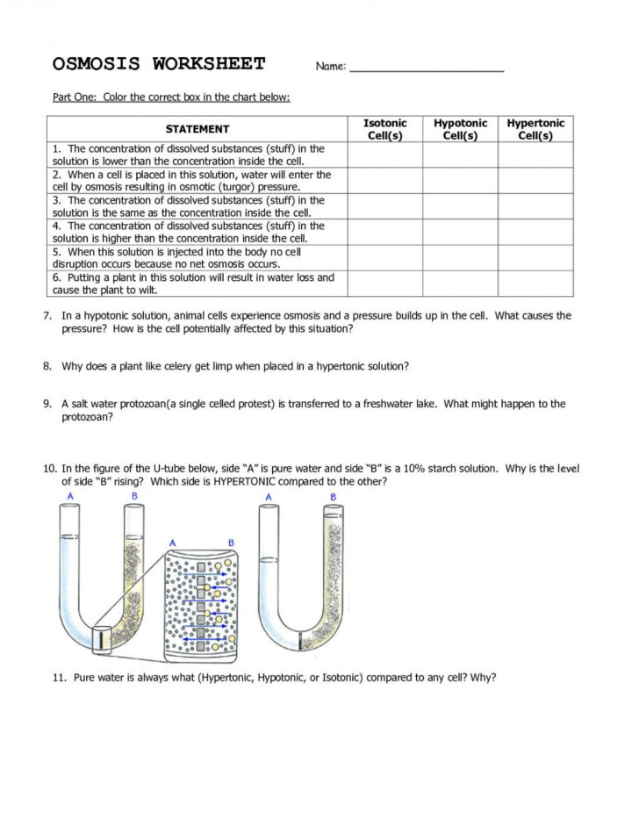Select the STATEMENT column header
click(197, 129)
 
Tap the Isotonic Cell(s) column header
click(384, 129)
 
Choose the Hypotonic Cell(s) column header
click(460, 129)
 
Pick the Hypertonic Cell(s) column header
click(535, 129)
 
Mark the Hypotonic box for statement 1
click(460, 155)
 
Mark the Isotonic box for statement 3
click(384, 206)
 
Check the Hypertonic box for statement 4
click(535, 232)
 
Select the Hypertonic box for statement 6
click(535, 284)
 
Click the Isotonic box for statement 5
click(384, 257)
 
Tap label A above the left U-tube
click(68, 497)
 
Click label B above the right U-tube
click(333, 497)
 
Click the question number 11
click(60, 678)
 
